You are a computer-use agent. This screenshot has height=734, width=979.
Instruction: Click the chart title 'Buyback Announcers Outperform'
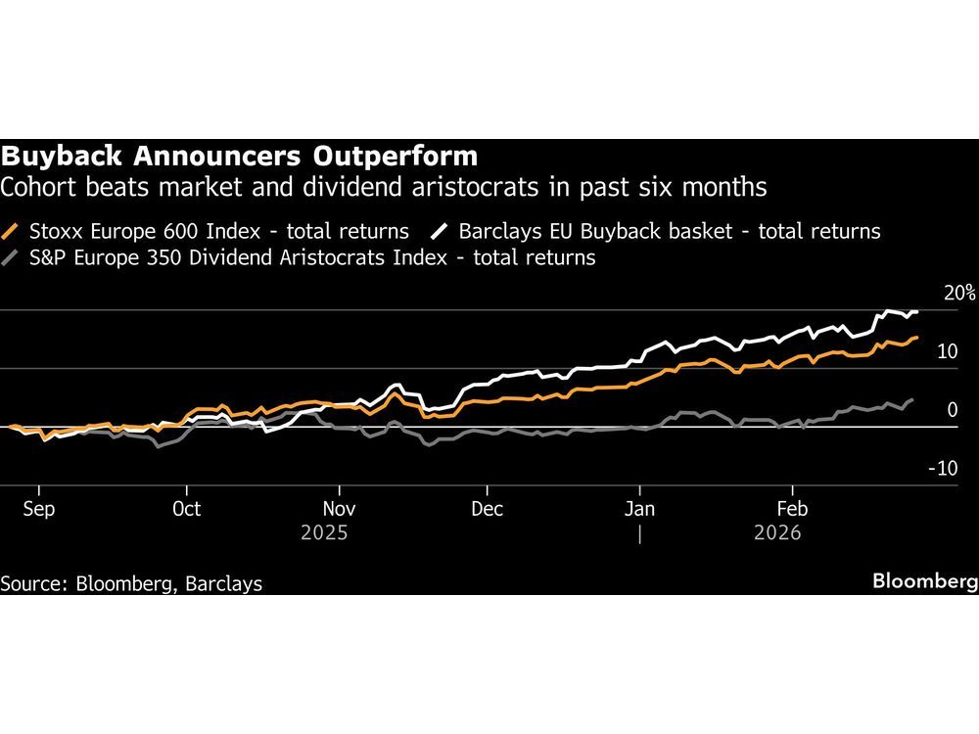[x=240, y=157]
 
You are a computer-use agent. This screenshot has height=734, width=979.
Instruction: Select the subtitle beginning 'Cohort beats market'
[x=383, y=186]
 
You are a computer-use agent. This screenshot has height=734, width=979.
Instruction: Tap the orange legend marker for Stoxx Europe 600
[x=12, y=232]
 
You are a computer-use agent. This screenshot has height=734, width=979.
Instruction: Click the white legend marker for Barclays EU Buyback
[x=440, y=232]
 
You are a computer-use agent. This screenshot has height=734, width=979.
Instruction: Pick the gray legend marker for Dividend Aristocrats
[x=12, y=258]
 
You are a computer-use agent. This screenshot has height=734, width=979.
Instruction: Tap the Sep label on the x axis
[x=38, y=509]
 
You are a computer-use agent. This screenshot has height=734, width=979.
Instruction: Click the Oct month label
[x=185, y=509]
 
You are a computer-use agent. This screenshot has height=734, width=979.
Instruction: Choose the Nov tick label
[x=339, y=509]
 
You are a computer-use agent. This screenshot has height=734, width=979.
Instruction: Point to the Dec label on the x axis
[x=487, y=509]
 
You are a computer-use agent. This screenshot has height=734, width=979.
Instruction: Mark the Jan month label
[x=639, y=509]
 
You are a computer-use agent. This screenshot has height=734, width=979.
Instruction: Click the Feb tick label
[x=791, y=509]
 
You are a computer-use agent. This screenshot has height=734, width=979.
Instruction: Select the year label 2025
[x=324, y=533]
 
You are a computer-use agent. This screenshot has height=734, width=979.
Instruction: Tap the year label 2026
[x=777, y=533]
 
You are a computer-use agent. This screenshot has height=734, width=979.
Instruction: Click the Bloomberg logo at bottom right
[x=925, y=582]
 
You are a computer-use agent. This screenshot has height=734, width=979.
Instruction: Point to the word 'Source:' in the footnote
[x=32, y=583]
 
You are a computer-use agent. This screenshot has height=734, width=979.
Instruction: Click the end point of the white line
[x=916, y=311]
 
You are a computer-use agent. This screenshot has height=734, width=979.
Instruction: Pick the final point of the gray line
[x=913, y=399]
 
